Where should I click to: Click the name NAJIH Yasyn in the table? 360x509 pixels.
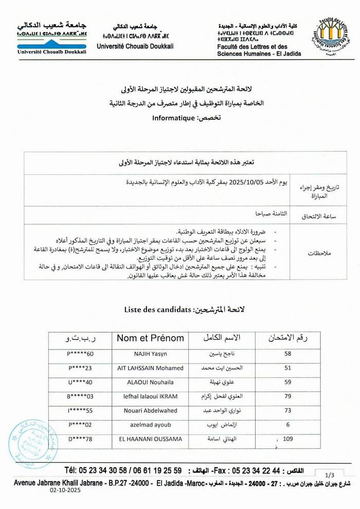point(151,354)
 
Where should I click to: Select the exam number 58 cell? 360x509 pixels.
point(287,354)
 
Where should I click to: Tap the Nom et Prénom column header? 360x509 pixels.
point(150,338)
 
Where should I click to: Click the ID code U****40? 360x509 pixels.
point(80,382)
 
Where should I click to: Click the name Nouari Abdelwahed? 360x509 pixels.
point(150,410)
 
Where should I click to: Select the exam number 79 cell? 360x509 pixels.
point(287,396)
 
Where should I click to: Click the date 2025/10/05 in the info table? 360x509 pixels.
point(248,182)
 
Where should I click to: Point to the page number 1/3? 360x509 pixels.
point(330,475)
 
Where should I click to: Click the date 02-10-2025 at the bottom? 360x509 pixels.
point(65,490)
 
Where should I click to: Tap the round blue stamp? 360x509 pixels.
point(33,444)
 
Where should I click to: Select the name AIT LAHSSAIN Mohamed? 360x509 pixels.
point(150,368)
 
